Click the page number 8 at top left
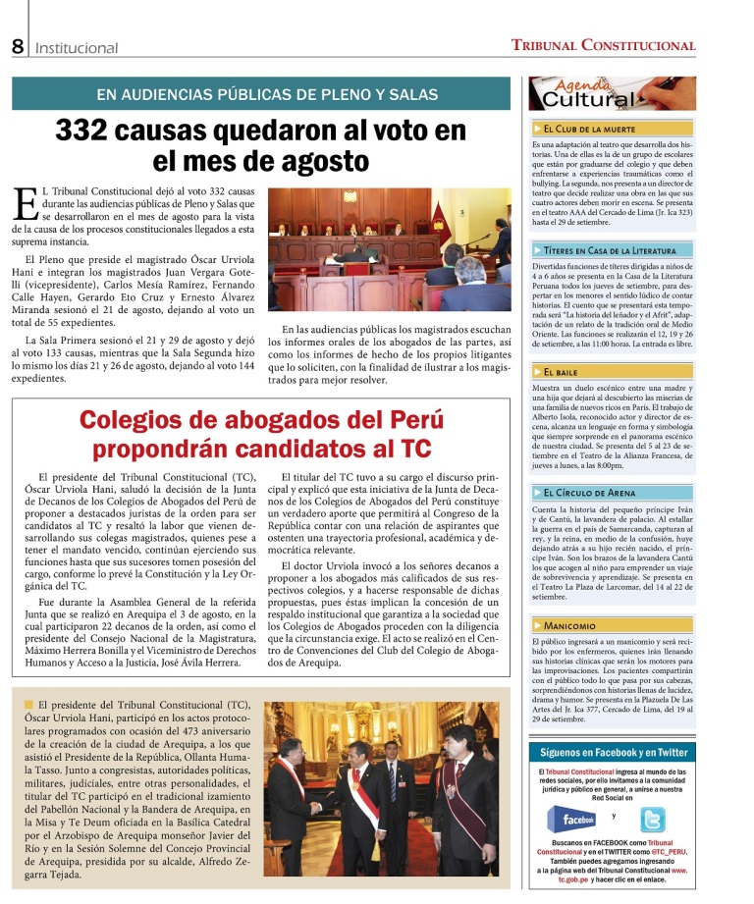click(18, 46)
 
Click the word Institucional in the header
click(77, 48)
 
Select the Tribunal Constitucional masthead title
click(603, 45)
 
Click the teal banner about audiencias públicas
click(261, 94)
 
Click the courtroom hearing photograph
click(390, 250)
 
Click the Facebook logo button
click(572, 818)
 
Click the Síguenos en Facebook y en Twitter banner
click(613, 753)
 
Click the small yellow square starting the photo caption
click(27, 705)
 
